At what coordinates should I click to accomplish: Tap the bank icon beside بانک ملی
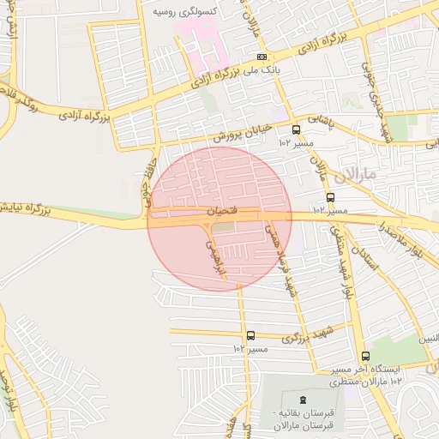coord(262,57)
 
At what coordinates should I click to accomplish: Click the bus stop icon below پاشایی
coord(296,130)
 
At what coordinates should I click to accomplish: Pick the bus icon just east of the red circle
coord(330,197)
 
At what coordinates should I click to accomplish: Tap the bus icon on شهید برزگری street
coord(250,335)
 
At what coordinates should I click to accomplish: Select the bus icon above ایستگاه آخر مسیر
coord(366,356)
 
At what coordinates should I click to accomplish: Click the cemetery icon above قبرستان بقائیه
coord(302,400)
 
